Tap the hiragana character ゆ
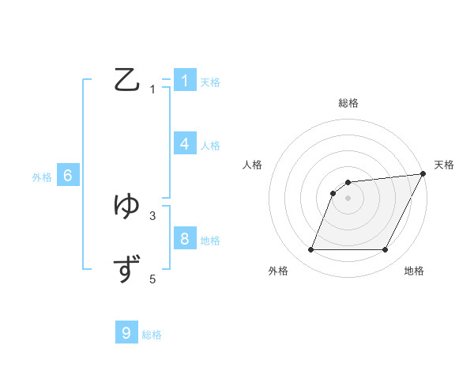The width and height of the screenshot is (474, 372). pyautogui.click(x=128, y=206)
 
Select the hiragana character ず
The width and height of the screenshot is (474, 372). pyautogui.click(x=128, y=269)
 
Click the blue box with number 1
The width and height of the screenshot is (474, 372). pyautogui.click(x=185, y=81)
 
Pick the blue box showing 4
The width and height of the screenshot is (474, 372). pyautogui.click(x=185, y=144)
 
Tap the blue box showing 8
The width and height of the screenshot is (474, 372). pyautogui.click(x=185, y=238)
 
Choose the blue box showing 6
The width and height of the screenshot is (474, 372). pyautogui.click(x=68, y=176)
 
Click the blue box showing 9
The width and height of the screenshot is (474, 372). pyautogui.click(x=126, y=333)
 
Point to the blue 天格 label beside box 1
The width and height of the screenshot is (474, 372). pyautogui.click(x=210, y=82)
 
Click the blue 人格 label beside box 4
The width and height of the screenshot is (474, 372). pyautogui.click(x=210, y=146)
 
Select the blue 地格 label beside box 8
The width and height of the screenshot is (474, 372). pyautogui.click(x=210, y=241)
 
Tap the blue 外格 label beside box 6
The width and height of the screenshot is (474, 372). pyautogui.click(x=42, y=178)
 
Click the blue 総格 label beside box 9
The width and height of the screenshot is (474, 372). pyautogui.click(x=152, y=336)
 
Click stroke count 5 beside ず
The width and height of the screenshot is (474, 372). pyautogui.click(x=152, y=279)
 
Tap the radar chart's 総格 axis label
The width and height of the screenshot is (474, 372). pyautogui.click(x=348, y=103)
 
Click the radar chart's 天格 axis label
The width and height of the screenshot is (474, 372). pyautogui.click(x=444, y=165)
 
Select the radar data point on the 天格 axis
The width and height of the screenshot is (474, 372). pyautogui.click(x=423, y=173)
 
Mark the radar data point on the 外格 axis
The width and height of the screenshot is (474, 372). pyautogui.click(x=311, y=250)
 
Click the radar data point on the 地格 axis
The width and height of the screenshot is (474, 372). pyautogui.click(x=386, y=250)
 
